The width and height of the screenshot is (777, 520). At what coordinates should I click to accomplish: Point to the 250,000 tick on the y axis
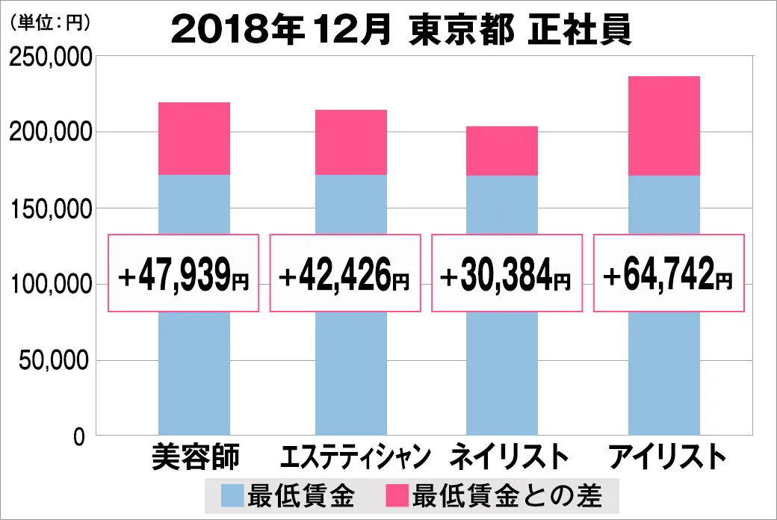pyautogui.click(x=51, y=58)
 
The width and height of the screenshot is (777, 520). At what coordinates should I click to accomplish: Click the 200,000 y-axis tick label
pyautogui.click(x=51, y=131)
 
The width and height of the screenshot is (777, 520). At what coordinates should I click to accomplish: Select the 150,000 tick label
pyautogui.click(x=51, y=208)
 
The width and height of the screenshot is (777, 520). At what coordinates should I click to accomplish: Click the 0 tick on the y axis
pyautogui.click(x=79, y=437)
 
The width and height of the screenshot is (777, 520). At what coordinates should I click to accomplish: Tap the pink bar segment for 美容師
pyautogui.click(x=194, y=138)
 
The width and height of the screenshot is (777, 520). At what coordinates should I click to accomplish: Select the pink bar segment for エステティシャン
pyautogui.click(x=351, y=142)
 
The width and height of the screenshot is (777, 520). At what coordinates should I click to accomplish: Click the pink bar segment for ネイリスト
pyautogui.click(x=502, y=151)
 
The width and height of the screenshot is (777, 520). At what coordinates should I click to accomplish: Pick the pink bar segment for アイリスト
pyautogui.click(x=664, y=126)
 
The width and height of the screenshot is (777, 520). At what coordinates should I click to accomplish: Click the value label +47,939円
pyautogui.click(x=183, y=273)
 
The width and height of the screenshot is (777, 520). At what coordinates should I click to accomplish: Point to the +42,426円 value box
pyautogui.click(x=345, y=273)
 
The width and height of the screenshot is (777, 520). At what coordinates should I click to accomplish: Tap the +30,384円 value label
pyautogui.click(x=507, y=273)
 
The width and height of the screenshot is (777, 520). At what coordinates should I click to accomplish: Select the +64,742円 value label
pyautogui.click(x=669, y=273)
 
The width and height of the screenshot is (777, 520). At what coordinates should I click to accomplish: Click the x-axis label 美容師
pyautogui.click(x=195, y=456)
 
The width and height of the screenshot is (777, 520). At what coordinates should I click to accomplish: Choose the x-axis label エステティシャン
pyautogui.click(x=356, y=456)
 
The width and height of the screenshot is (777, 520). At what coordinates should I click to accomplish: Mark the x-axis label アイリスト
pyautogui.click(x=667, y=456)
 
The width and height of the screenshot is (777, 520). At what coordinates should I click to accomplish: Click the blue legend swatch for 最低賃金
pyautogui.click(x=232, y=495)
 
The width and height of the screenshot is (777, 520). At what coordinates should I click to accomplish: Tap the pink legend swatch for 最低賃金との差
pyautogui.click(x=397, y=495)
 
